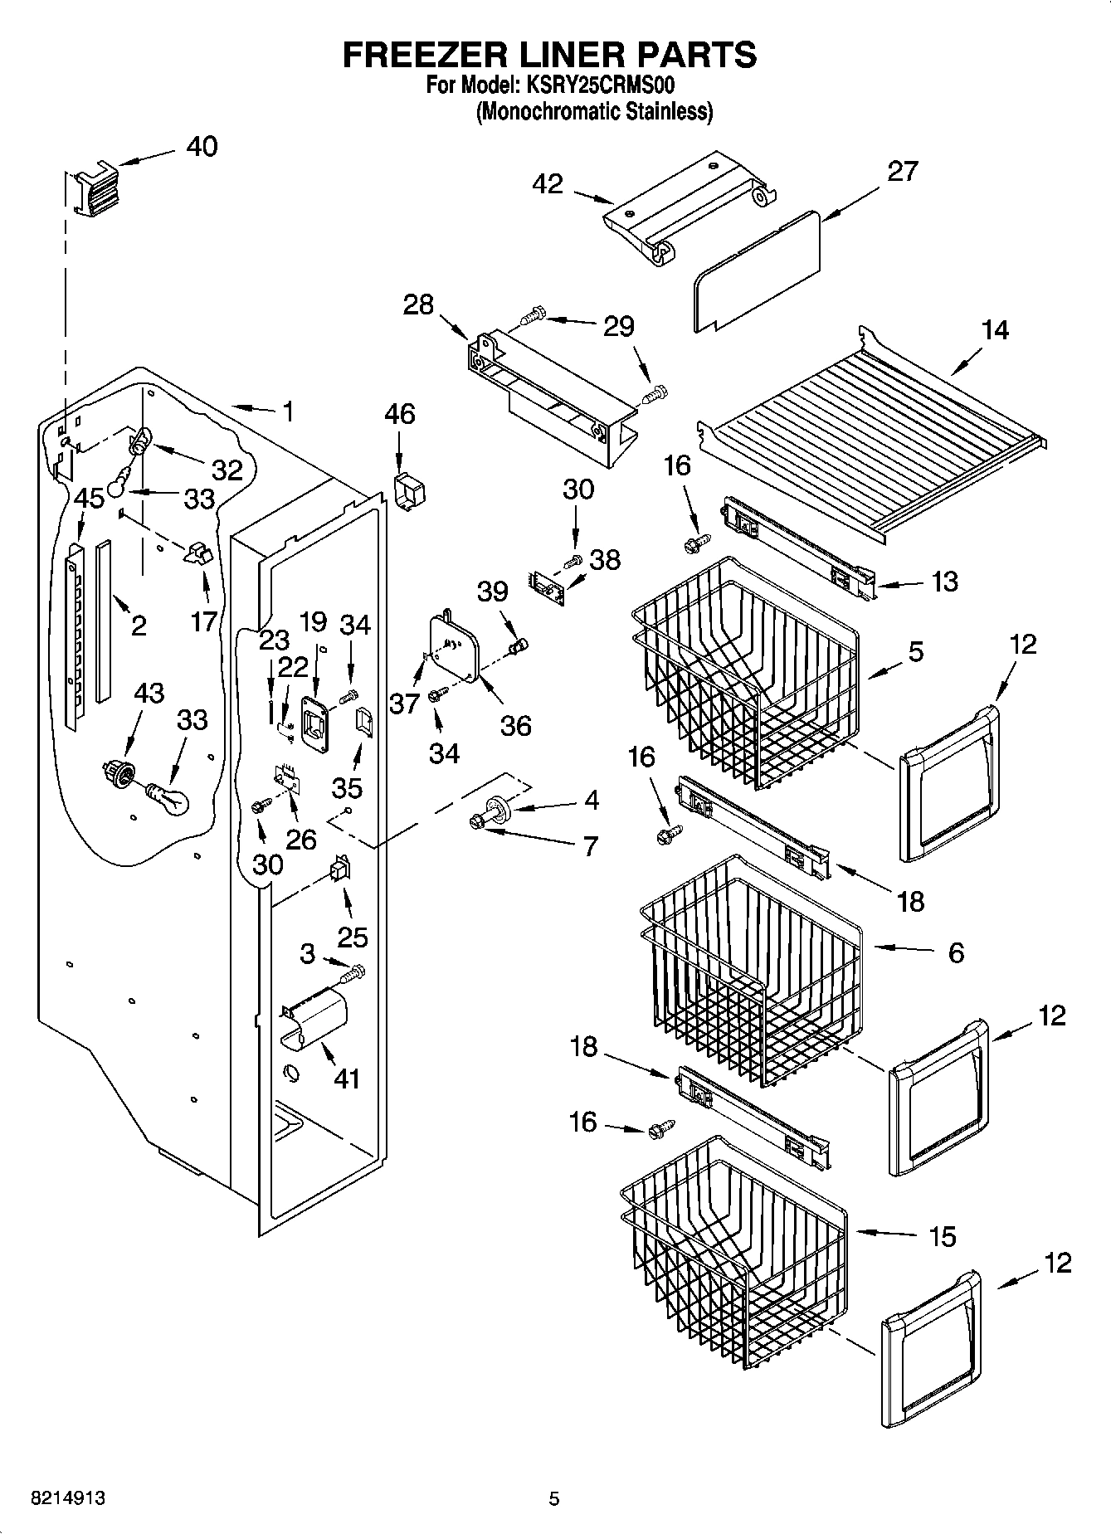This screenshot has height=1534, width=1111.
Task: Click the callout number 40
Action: tap(202, 147)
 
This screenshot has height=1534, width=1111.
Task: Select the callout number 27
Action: tap(902, 171)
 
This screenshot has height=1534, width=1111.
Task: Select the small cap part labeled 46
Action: tap(408, 491)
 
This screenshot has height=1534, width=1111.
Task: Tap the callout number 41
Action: tap(346, 1079)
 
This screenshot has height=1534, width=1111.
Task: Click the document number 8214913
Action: tap(68, 1498)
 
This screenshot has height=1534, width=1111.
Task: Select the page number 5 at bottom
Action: tap(554, 1498)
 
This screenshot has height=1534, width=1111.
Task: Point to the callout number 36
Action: tap(515, 726)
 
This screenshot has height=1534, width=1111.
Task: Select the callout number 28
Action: tap(418, 304)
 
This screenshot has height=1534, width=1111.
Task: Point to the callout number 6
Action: tap(956, 952)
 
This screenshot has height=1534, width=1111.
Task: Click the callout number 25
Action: tap(353, 937)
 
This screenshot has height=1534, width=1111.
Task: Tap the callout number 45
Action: tap(89, 499)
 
